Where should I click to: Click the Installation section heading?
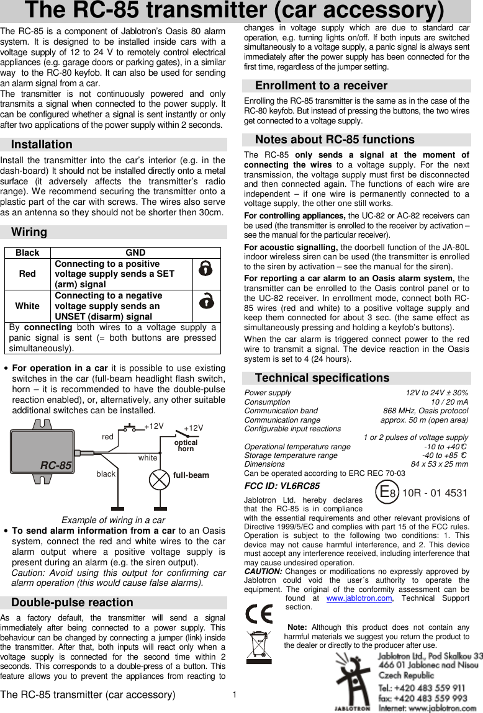pyautogui.click(x=42, y=145)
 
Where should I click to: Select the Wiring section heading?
pyautogui.click(x=29, y=232)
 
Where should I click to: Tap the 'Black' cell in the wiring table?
pyautogui.click(x=27, y=253)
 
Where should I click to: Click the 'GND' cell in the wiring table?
pyautogui.click(x=135, y=253)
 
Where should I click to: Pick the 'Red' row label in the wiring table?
pyautogui.click(x=27, y=274)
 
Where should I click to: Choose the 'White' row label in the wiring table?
pyautogui.click(x=27, y=305)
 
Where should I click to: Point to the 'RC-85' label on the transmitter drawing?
pyautogui.click(x=56, y=465)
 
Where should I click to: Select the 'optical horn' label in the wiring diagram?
pyautogui.click(x=186, y=446)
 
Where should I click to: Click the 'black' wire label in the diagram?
pyautogui.click(x=106, y=473)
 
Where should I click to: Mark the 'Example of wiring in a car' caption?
pyautogui.click(x=113, y=520)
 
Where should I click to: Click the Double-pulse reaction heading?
pyautogui.click(x=72, y=603)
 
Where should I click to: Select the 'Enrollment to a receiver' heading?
pyautogui.click(x=321, y=86)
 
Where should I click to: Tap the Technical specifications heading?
pyautogui.click(x=322, y=377)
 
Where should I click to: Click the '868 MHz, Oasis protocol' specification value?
pyautogui.click(x=425, y=411)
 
